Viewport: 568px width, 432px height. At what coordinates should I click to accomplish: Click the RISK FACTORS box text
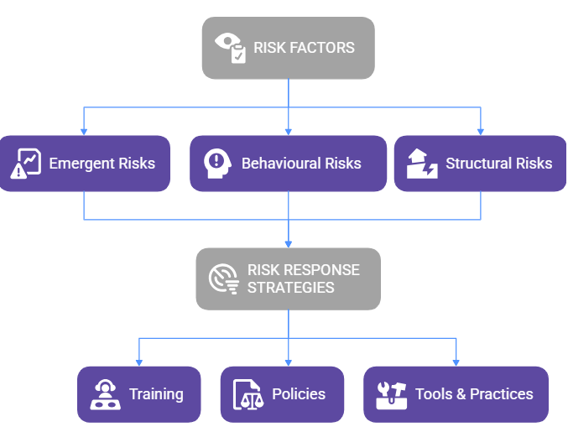304,48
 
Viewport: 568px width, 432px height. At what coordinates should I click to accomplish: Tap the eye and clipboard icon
230,48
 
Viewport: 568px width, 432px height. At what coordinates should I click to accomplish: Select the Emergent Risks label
102,164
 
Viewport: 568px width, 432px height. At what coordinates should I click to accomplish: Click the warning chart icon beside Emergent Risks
27,164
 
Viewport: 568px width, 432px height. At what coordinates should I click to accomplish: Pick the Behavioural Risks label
301,164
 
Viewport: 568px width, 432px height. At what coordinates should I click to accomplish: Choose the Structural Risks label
498,164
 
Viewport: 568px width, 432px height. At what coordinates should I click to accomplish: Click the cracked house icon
421,164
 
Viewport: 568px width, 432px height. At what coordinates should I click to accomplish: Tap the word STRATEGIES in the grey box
290,288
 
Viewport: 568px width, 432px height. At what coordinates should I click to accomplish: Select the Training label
156,394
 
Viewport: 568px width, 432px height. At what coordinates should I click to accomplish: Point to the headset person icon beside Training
104,394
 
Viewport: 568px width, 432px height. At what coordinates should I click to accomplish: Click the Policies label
299,394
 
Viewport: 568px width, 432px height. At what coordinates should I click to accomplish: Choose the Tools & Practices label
474,394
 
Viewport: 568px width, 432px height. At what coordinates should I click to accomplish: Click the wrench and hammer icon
391,394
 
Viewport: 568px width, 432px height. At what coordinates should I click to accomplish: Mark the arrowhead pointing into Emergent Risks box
84,131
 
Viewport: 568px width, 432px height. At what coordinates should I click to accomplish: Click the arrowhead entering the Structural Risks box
481,131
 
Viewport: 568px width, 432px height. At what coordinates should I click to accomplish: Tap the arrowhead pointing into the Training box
139,362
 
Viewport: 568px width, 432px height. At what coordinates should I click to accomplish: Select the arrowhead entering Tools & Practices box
456,362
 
